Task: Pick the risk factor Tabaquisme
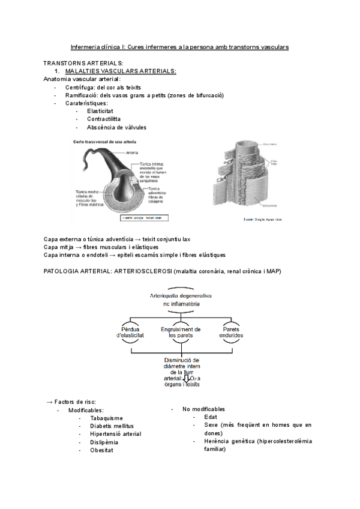[106, 418]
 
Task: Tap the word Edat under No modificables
[211, 417]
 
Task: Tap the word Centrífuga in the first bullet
[81, 87]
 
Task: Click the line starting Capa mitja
[101, 247]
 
